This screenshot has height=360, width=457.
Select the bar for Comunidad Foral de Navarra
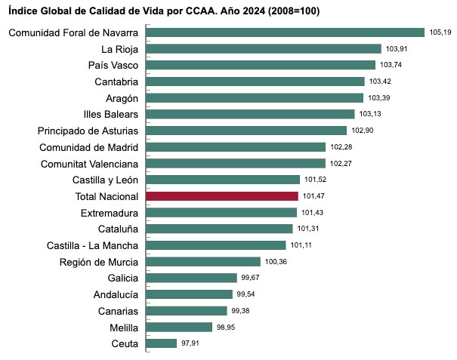285,32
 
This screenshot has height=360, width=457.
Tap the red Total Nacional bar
222,196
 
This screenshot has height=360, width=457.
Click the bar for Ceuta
161,343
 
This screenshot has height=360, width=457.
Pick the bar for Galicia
191,278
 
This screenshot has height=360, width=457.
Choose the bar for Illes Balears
250,114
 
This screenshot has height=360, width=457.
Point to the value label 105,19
440,32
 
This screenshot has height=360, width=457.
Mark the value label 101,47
313,196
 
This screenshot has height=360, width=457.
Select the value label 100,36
275,262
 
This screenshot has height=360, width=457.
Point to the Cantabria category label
116,82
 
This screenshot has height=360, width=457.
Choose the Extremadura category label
109,213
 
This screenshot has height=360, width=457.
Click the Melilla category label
123,328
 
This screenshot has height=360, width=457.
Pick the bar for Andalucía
189,294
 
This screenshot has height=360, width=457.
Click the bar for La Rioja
263,49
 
